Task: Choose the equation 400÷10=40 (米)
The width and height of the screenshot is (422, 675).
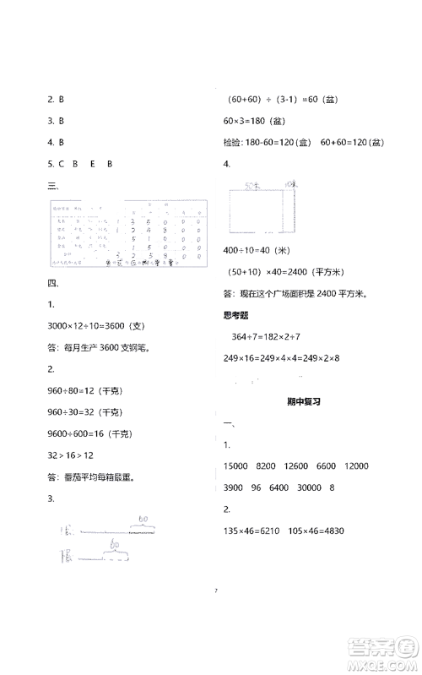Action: tap(257, 251)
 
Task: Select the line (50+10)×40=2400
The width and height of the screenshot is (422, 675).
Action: tap(288, 272)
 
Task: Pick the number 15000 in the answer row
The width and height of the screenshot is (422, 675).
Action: tap(239, 466)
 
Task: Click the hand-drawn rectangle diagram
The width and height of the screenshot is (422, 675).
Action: tap(257, 210)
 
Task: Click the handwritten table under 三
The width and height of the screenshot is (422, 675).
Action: tap(127, 234)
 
